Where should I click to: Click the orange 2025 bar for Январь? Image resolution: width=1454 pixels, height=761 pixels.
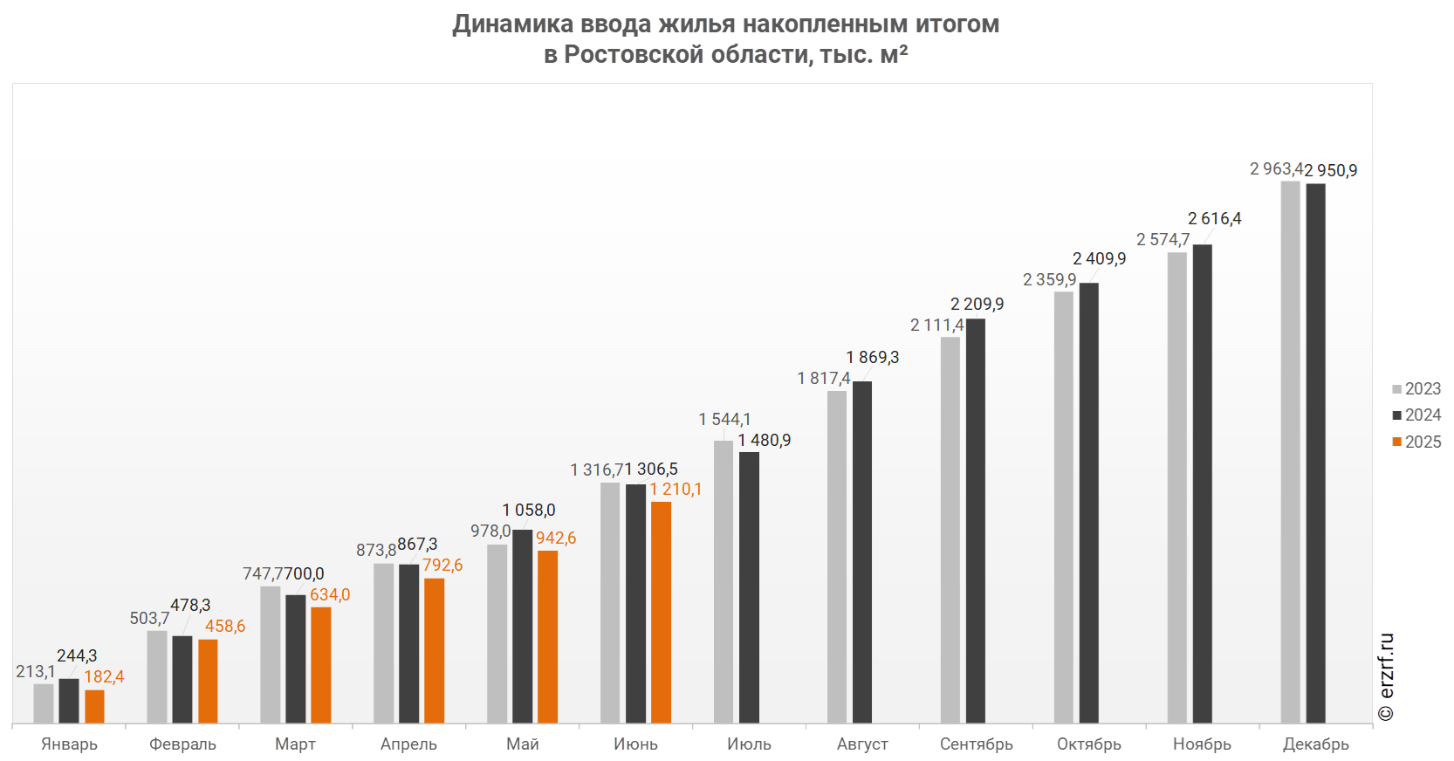pos(94,707)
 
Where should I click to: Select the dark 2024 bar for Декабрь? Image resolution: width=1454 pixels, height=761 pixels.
pos(1315,454)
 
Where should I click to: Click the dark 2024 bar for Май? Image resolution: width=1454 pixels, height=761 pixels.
pos(522,627)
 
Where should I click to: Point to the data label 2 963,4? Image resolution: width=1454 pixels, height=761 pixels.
pos(1276,169)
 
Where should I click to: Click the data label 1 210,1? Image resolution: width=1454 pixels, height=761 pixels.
pos(676,490)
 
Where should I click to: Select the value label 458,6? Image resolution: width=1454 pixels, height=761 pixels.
pos(225,627)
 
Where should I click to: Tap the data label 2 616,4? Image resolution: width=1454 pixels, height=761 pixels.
pos(1214,219)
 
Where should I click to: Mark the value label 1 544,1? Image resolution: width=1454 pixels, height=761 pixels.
pos(724,420)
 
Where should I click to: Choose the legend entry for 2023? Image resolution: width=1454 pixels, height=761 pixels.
pos(1416,389)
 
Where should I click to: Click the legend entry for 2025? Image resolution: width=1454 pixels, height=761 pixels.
pos(1416,442)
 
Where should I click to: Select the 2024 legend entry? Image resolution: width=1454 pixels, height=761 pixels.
pos(1416,415)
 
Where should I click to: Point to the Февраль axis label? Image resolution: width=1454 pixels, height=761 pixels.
pos(182,744)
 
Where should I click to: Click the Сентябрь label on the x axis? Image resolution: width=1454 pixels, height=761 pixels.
pos(977,744)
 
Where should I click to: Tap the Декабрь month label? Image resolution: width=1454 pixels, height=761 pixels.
pos(1315,744)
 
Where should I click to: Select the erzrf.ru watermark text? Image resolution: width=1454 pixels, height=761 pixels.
pos(1387,677)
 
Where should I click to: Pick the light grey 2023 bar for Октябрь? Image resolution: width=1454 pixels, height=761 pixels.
pos(1063,507)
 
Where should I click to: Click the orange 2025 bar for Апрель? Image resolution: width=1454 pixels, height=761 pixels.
pos(434,651)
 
